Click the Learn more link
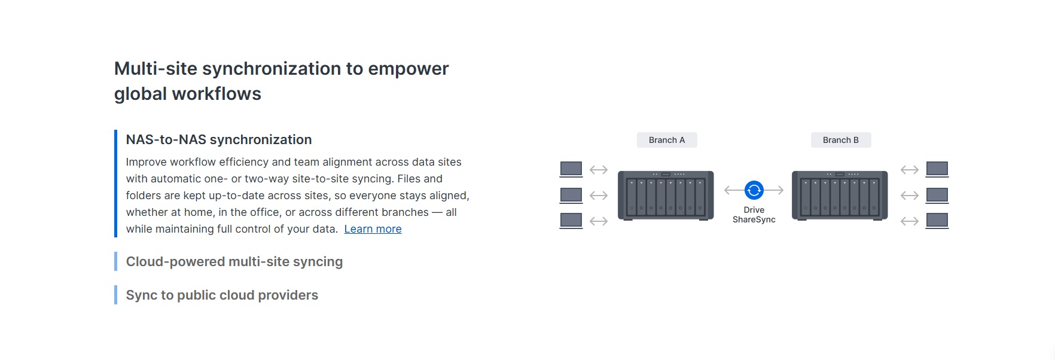[x=373, y=229]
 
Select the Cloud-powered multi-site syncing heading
[x=234, y=262]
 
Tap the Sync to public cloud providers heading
[x=222, y=295]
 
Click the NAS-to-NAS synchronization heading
[x=219, y=140]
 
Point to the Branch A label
[x=667, y=140]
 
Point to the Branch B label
[x=841, y=140]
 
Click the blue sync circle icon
[x=754, y=190]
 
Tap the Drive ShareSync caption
[x=754, y=215]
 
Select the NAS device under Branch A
[x=666, y=196]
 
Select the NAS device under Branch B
[x=840, y=196]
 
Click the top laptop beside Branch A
[x=571, y=169]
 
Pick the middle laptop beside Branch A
[x=571, y=196]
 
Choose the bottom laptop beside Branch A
[x=571, y=221]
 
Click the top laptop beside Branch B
[x=937, y=169]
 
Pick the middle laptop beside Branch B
[x=937, y=196]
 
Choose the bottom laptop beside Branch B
[x=937, y=221]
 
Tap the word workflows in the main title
[x=217, y=94]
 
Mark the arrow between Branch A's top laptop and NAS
[x=599, y=170]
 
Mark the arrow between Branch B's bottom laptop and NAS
[x=910, y=221]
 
